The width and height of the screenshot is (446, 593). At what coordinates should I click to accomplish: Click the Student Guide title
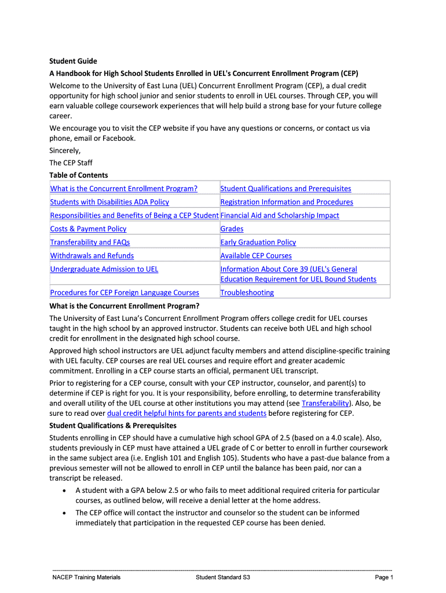click(x=73, y=61)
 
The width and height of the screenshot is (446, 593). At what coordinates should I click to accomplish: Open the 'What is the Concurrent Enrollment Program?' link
click(x=124, y=188)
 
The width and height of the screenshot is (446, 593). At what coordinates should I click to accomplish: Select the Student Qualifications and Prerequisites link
click(x=286, y=188)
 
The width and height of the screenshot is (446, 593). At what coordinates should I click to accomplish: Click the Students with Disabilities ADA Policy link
click(x=109, y=202)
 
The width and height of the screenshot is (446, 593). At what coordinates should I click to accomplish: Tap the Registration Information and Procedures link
click(x=287, y=202)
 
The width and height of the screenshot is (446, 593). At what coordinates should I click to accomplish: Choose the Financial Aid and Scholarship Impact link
click(x=280, y=215)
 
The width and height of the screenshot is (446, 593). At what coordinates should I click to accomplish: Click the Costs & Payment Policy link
click(x=88, y=229)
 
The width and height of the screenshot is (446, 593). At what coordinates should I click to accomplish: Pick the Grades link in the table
click(x=232, y=229)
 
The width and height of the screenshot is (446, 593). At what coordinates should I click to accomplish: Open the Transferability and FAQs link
click(x=90, y=242)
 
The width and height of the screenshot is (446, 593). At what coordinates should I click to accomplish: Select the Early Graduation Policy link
click(x=258, y=242)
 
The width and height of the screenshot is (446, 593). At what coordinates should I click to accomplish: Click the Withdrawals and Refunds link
click(x=92, y=255)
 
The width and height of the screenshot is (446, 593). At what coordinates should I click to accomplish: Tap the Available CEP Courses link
click(x=256, y=255)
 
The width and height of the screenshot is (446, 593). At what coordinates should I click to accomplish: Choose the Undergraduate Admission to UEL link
click(x=104, y=269)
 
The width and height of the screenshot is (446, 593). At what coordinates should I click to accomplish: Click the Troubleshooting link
click(x=247, y=292)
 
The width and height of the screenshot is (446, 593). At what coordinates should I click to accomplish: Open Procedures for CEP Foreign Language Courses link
click(x=125, y=292)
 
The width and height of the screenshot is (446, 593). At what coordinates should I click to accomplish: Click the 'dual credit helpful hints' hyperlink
click(x=187, y=413)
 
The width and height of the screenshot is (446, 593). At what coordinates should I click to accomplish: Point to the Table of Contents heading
click(x=79, y=175)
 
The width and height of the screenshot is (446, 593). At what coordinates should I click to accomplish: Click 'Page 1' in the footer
click(x=384, y=577)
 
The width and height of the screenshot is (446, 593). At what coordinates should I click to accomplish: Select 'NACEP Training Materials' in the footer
click(x=86, y=577)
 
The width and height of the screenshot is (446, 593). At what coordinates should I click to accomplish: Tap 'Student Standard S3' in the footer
click(x=223, y=577)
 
